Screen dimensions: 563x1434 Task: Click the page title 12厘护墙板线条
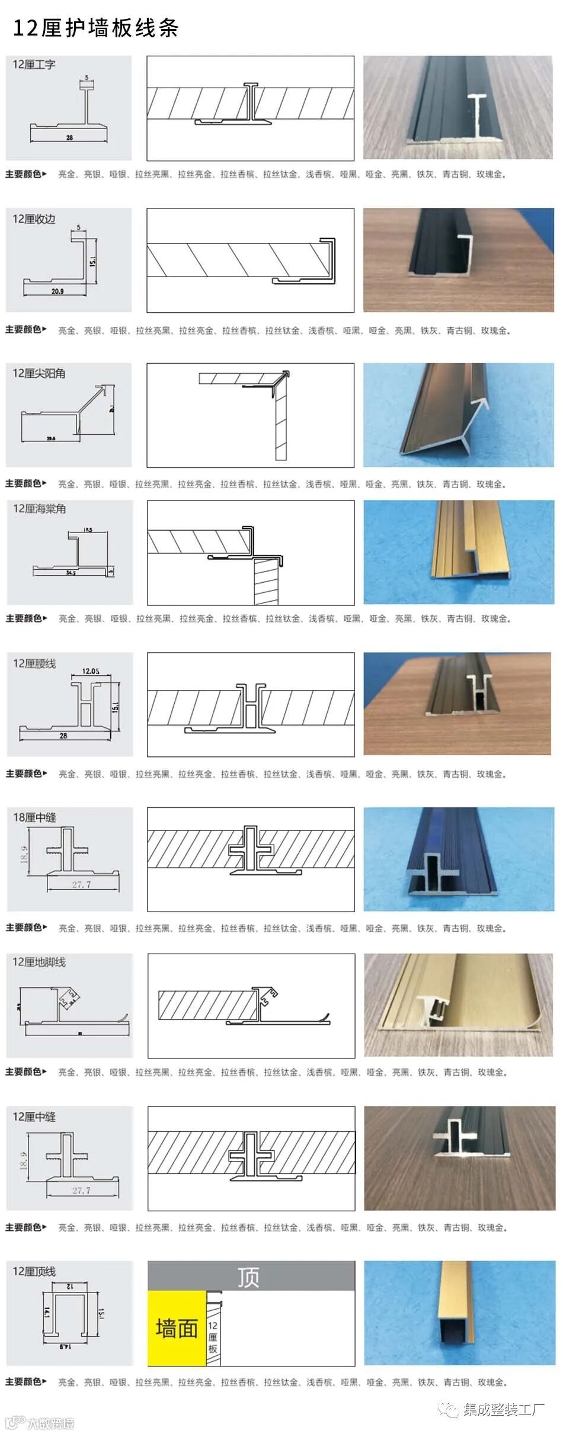click(95, 28)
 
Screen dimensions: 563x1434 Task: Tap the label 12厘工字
click(34, 65)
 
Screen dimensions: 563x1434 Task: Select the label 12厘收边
click(34, 219)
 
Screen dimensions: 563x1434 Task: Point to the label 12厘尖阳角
click(39, 373)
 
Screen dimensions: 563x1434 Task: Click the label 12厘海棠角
click(39, 509)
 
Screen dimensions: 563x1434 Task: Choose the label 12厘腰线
click(34, 663)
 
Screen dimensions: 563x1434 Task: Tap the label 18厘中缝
click(34, 817)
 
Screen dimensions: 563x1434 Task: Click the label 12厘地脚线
click(39, 962)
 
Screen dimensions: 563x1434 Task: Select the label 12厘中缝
click(34, 1117)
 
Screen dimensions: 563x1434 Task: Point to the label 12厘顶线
click(34, 1271)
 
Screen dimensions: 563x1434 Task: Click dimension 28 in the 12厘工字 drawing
click(69, 137)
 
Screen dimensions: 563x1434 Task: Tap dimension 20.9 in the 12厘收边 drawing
click(57, 291)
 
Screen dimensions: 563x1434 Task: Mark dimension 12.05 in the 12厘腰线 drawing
click(91, 671)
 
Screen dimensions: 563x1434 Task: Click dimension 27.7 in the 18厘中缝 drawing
click(81, 884)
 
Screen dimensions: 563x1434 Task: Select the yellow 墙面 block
click(177, 1328)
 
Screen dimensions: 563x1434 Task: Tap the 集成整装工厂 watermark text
click(503, 1409)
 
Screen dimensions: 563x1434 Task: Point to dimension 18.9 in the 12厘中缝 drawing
click(23, 1162)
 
